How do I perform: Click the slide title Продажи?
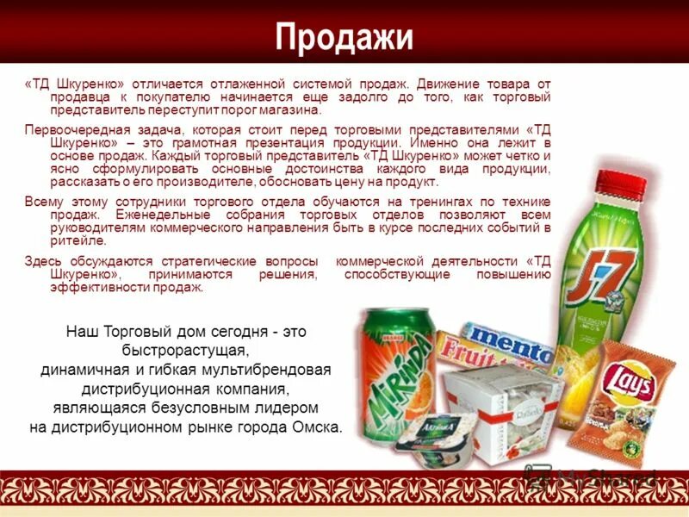tap(344, 37)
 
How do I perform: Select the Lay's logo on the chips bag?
tap(628, 379)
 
